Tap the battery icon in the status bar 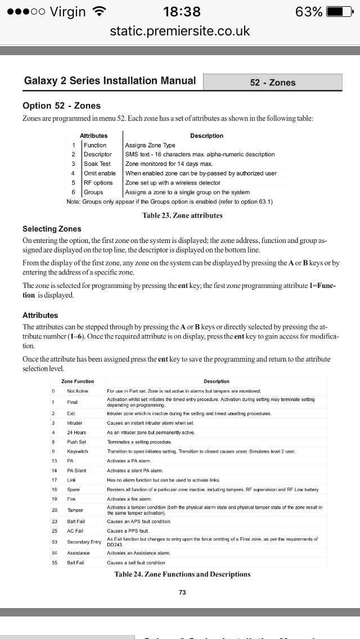[x=342, y=12]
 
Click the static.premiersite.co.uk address [x=180, y=31]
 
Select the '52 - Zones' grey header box [x=273, y=83]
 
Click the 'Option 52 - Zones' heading [x=61, y=106]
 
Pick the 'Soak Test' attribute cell [x=97, y=164]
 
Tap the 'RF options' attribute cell [x=98, y=183]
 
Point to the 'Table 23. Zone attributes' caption [x=183, y=215]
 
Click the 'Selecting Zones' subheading [x=52, y=229]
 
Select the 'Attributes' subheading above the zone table [x=40, y=316]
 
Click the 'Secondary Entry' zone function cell [x=84, y=542]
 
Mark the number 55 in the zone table [x=55, y=562]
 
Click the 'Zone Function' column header [x=78, y=381]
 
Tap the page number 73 [x=182, y=592]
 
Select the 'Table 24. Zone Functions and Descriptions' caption [x=182, y=574]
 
